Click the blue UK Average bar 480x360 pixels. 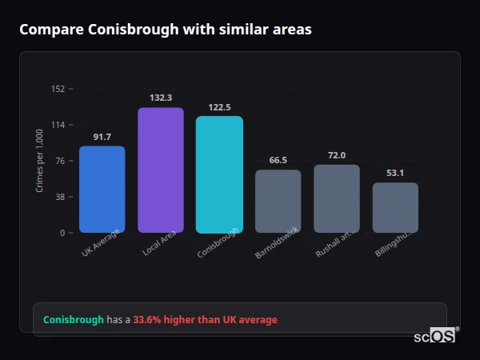click(102, 190)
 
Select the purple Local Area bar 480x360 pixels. click(161, 170)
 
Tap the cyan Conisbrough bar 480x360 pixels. click(219, 174)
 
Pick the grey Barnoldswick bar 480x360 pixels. click(278, 201)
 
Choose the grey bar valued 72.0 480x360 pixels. click(337, 198)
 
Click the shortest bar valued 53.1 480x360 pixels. click(395, 208)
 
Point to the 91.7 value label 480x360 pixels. click(102, 138)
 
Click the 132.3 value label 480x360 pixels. click(161, 98)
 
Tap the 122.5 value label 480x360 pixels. click(219, 107)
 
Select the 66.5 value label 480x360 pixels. click(278, 160)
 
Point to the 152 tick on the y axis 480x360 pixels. click(58, 89)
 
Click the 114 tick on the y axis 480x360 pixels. click(58, 125)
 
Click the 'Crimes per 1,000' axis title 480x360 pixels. click(39, 161)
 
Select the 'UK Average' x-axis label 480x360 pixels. click(101, 242)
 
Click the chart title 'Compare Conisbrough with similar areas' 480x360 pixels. click(166, 30)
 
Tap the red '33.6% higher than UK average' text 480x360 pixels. click(205, 320)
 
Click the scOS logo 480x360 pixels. click(435, 336)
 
